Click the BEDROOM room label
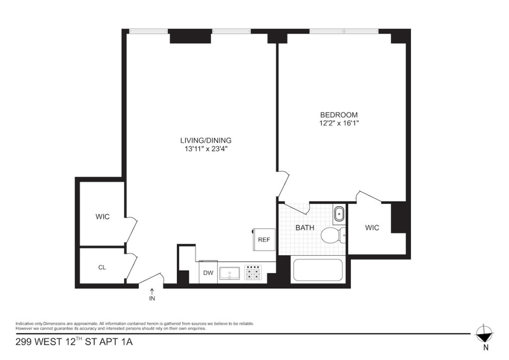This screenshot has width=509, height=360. point(339,115)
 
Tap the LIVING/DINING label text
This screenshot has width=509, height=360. point(206,141)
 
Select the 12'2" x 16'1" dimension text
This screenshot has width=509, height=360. point(339,123)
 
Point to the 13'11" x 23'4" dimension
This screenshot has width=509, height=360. point(206,149)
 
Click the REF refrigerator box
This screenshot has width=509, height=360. point(264,240)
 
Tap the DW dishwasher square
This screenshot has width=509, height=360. point(208,272)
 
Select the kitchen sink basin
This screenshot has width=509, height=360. point(230,273)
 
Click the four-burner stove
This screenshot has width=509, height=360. point(253,272)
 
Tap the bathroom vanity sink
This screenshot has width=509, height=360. point(339,214)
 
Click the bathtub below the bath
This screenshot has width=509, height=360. point(318,270)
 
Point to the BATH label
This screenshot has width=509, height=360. point(305,228)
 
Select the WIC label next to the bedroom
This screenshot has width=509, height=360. point(372,228)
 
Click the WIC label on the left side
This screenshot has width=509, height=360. point(102,216)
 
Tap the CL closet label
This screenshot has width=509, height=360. point(102,268)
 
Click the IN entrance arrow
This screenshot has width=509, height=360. point(152,291)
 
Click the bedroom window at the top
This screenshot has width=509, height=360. point(344,31)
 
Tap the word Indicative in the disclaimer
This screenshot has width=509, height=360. point(23,324)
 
